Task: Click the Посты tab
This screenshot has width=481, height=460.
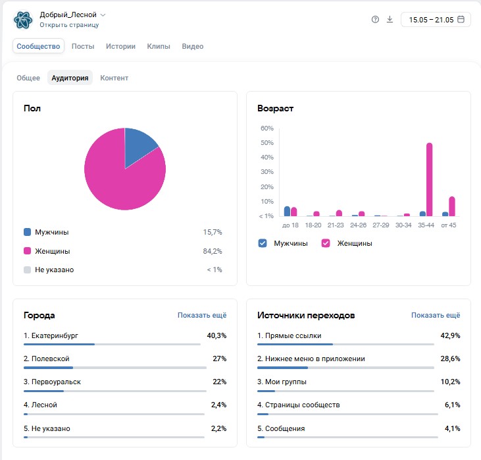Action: tap(83, 46)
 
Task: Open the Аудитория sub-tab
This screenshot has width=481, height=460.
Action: tap(70, 78)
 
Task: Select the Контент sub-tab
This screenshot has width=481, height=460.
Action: tap(114, 78)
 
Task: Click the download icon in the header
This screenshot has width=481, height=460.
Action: tap(390, 19)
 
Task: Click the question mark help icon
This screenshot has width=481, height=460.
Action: tap(375, 19)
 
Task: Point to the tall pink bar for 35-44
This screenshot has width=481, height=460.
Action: tap(429, 179)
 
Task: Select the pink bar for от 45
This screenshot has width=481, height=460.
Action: tap(452, 206)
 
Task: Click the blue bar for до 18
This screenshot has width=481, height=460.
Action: tap(287, 211)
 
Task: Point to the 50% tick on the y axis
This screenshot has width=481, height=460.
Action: tap(267, 143)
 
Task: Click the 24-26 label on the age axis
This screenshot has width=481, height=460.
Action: tap(359, 225)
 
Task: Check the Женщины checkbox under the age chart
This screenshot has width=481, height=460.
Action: tap(326, 243)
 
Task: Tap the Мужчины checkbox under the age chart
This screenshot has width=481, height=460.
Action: tap(263, 243)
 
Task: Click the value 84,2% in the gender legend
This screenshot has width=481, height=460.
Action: tap(213, 251)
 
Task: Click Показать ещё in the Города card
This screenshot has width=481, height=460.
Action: tap(202, 315)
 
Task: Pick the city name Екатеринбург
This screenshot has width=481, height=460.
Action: tap(55, 335)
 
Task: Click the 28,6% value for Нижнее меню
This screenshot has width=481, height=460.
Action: tap(450, 359)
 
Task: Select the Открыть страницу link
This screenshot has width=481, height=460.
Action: tap(69, 25)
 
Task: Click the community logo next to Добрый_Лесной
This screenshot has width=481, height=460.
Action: tap(23, 20)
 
